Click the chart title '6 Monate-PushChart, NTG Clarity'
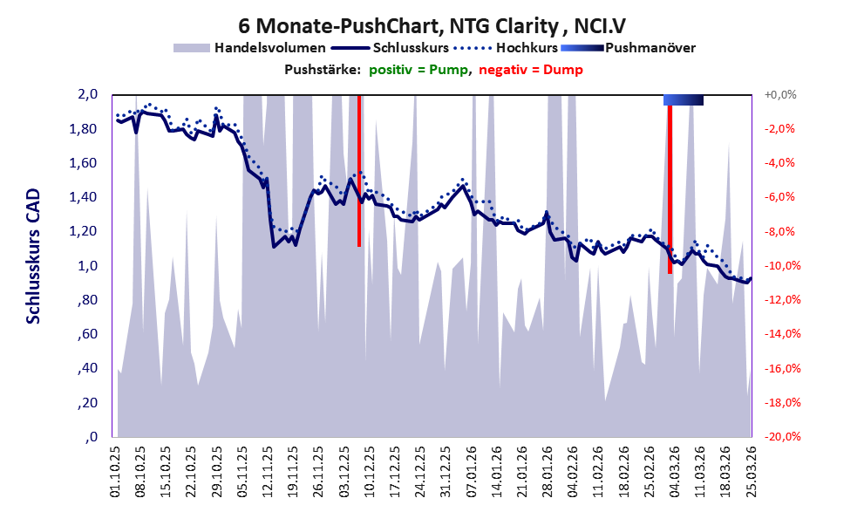398,26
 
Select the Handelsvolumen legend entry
249,48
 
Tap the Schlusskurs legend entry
390,48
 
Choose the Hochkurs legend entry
506,48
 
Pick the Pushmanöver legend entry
628,48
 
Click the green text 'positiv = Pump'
418,70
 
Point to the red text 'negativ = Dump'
531,70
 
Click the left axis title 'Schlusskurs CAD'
34,256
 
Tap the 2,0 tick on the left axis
87,94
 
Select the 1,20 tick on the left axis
83,231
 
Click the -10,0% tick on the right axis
782,266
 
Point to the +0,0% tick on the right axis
780,95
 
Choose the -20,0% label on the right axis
782,436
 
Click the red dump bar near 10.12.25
359,171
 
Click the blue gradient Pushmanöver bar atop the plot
684,99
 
